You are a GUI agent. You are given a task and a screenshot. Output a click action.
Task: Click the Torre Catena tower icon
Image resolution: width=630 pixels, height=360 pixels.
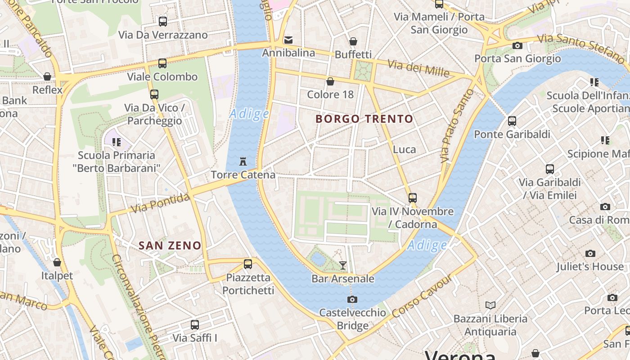pyautogui.click(x=243, y=161)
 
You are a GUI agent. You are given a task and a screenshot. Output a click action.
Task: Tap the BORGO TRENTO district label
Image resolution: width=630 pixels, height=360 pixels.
pyautogui.click(x=364, y=119)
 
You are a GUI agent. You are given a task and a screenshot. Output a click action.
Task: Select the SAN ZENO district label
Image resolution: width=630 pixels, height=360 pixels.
pyautogui.click(x=170, y=245)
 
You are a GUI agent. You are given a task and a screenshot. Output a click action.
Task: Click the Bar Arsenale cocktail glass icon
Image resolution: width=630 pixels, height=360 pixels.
pyautogui.click(x=343, y=265)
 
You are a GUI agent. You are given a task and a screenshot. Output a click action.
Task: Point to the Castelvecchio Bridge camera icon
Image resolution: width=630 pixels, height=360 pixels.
pyautogui.click(x=352, y=299)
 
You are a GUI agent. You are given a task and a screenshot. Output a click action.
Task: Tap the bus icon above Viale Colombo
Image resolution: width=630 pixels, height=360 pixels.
pyautogui.click(x=162, y=63)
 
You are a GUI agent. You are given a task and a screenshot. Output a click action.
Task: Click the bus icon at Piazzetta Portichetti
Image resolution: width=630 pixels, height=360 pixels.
pyautogui.click(x=247, y=264)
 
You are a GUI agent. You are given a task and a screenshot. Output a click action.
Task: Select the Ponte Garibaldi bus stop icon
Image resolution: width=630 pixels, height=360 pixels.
pyautogui.click(x=512, y=121)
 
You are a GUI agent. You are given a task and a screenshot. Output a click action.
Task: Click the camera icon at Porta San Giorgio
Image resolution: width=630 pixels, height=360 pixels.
pyautogui.click(x=517, y=45)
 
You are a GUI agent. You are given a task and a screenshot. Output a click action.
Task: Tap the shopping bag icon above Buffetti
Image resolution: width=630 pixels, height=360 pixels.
pyautogui.click(x=353, y=41)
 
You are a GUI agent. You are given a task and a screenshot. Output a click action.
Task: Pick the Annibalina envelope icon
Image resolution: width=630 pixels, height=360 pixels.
pyautogui.click(x=288, y=40)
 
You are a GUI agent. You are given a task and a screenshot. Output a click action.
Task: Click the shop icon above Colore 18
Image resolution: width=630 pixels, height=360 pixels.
pyautogui.click(x=330, y=81)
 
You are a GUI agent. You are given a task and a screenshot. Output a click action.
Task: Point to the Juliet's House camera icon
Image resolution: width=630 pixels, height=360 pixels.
pyautogui.click(x=590, y=253)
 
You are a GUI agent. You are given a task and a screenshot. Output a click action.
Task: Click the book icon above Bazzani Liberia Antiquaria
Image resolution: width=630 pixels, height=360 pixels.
pyautogui.click(x=490, y=306)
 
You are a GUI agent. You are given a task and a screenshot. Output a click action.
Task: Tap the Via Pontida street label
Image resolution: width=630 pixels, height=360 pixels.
pyautogui.click(x=160, y=203)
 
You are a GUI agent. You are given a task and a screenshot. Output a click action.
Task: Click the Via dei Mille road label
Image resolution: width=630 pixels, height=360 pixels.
pyautogui.click(x=418, y=68)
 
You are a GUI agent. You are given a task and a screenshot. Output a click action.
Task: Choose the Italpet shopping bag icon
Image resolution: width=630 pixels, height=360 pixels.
pyautogui.click(x=57, y=262)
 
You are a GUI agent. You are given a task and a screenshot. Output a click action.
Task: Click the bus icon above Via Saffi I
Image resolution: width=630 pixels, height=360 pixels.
pyautogui.click(x=195, y=324)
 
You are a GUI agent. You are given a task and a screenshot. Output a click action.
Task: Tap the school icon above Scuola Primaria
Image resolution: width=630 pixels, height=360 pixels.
pyautogui.click(x=117, y=142)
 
